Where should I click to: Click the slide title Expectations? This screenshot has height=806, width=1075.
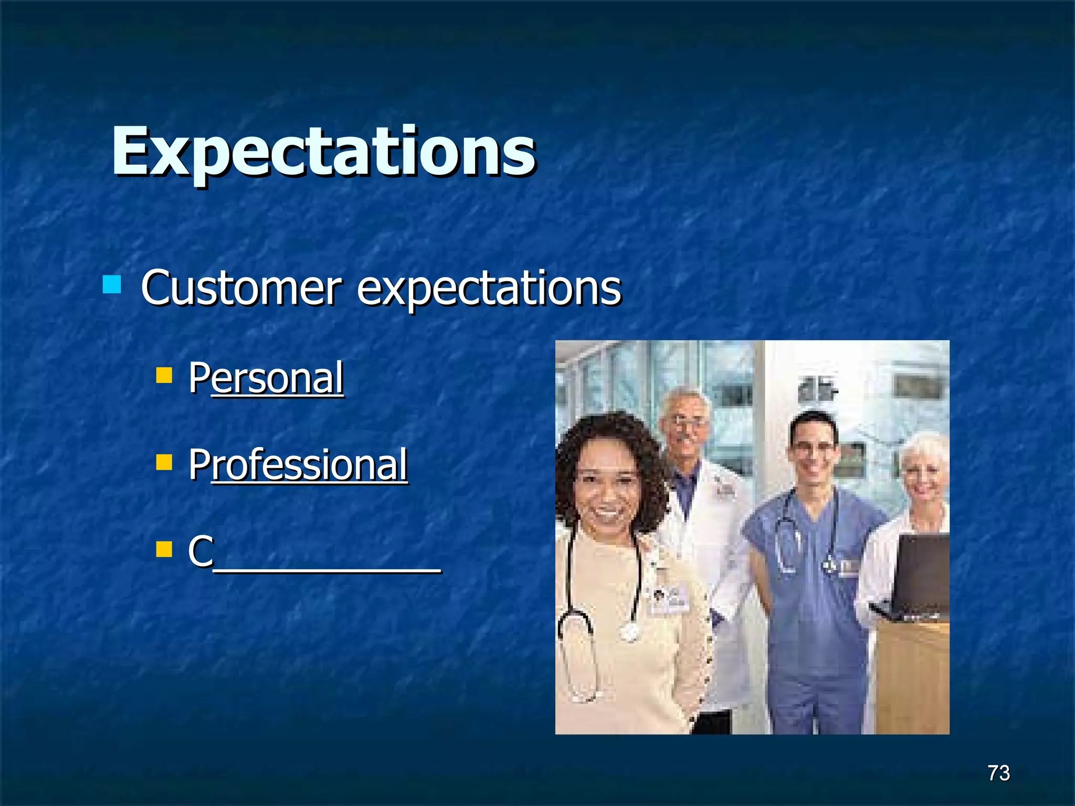tap(323, 152)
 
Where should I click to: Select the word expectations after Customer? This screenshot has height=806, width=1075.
tap(489, 289)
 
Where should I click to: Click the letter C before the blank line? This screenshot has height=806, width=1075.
tap(201, 551)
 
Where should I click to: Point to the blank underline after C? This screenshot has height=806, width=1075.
tap(328, 569)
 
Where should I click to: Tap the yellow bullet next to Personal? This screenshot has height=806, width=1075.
tap(164, 375)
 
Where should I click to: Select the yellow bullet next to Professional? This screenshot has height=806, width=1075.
tap(164, 462)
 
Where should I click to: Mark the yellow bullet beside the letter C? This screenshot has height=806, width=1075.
tap(164, 549)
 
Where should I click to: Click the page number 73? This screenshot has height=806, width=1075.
tap(998, 773)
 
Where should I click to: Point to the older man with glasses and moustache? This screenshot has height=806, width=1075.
tap(684, 425)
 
